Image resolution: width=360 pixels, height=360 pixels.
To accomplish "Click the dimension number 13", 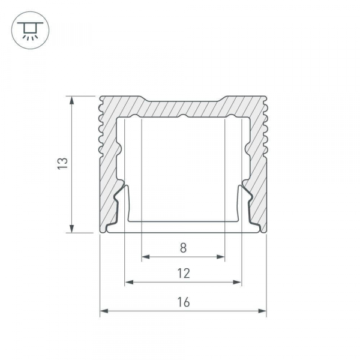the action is tap(62, 163).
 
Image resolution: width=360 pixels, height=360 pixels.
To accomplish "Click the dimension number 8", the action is tap(183, 248).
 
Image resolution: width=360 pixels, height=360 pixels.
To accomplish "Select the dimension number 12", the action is tap(184, 274).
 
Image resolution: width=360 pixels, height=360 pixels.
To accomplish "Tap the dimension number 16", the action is tap(184, 302).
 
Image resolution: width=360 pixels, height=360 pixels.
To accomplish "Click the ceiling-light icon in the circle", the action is tap(30, 31).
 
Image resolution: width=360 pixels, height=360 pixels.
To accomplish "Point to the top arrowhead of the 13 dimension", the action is tap(72, 100).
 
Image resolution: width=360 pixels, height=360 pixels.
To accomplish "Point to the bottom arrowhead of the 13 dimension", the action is tap(72, 229).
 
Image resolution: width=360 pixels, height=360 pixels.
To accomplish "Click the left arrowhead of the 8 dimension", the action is tap(146, 257).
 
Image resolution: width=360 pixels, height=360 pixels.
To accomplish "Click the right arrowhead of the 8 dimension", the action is tap(220, 257).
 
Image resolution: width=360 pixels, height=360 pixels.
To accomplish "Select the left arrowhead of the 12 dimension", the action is tap(129, 282).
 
